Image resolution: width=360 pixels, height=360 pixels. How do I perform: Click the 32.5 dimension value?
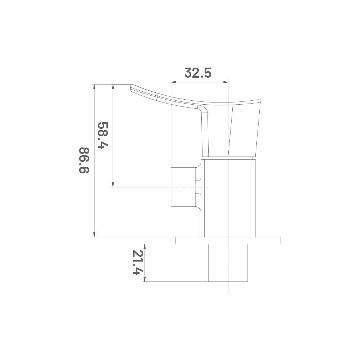pos(198,73)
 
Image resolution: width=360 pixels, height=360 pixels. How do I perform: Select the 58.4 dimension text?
pos(103,135)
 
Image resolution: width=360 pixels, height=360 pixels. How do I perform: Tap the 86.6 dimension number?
pos(84,160)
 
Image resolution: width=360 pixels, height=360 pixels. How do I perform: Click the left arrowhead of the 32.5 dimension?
pos(173,82)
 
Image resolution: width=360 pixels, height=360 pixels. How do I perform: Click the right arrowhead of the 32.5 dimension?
pos(226,82)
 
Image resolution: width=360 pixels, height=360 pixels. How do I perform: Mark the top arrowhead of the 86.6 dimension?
pos(94,87)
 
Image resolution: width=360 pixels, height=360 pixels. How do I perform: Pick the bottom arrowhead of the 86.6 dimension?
pos(94,234)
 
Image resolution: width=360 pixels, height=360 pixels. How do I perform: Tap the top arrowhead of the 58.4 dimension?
pos(113,87)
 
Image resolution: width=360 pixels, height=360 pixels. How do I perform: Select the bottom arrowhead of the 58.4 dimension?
pos(113,184)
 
